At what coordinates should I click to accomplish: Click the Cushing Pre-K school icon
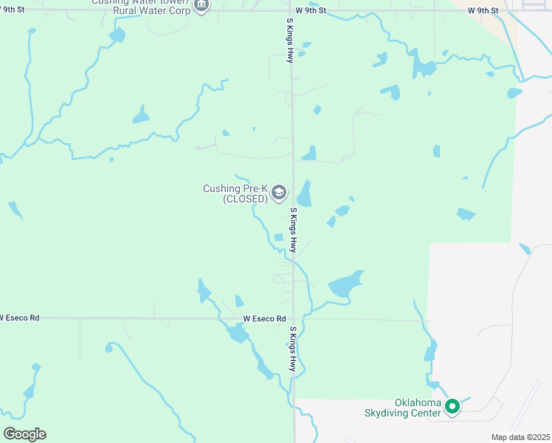[279, 193]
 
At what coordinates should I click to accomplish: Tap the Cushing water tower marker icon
[201, 6]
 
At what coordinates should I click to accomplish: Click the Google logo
[24, 433]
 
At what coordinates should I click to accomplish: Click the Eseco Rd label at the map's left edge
[19, 317]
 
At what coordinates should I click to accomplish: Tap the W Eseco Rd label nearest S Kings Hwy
[264, 318]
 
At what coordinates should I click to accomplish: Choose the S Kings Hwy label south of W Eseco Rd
[293, 349]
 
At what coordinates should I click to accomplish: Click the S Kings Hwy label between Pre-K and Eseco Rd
[293, 231]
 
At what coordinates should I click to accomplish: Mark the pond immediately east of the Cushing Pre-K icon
[304, 195]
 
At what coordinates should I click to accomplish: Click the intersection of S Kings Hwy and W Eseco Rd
[294, 319]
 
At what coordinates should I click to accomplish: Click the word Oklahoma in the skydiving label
[418, 402]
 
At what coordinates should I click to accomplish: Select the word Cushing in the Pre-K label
[221, 188]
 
